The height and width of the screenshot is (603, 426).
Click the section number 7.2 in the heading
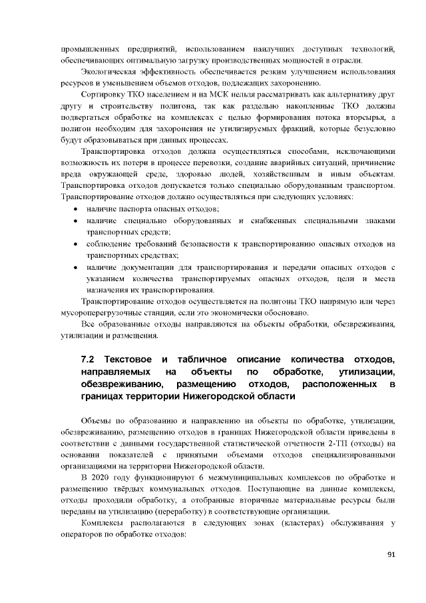pyautogui.click(x=87, y=360)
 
